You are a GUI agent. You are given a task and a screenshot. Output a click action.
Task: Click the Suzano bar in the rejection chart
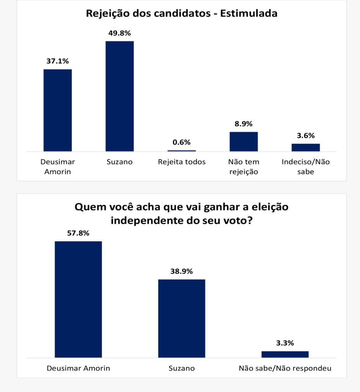point(119,96)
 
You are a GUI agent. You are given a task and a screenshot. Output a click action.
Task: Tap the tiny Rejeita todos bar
point(182,150)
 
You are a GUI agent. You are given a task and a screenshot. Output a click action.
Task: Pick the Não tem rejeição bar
point(244,141)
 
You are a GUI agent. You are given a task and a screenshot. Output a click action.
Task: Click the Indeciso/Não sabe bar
point(306,147)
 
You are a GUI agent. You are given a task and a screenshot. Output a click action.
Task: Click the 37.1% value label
point(57,60)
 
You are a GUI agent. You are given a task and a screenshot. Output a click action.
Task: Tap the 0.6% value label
point(182,142)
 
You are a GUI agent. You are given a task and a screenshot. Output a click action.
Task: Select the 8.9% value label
point(244,124)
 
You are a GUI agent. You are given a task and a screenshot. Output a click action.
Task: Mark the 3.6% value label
point(306,135)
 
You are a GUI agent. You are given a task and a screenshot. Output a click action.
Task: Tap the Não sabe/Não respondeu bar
point(285,354)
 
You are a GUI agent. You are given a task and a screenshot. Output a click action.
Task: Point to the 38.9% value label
point(182,271)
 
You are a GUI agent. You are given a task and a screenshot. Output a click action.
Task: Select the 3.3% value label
point(285,343)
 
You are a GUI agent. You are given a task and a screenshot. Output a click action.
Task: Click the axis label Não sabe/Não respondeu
point(285,369)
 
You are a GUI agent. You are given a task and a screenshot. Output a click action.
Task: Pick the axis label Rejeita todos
point(182,162)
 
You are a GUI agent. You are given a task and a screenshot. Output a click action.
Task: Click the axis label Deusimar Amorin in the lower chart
point(78,369)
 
